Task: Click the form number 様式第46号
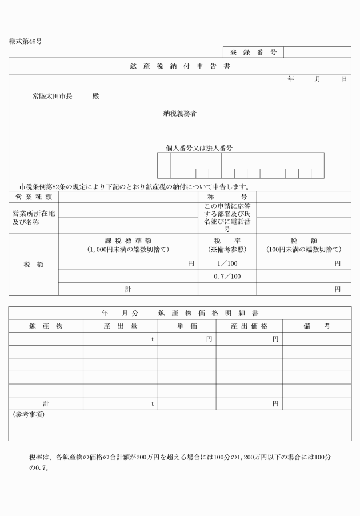(26, 41)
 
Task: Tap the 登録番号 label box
(253, 53)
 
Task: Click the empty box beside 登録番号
(317, 53)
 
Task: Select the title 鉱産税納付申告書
(180, 66)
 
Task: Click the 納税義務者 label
(180, 113)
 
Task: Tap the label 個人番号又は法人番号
(199, 147)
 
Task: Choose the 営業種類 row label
(33, 197)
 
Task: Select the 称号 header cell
(227, 197)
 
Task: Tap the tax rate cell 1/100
(227, 263)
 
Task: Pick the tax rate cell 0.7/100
(227, 277)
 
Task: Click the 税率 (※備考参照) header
(227, 245)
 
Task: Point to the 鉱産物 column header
(46, 325)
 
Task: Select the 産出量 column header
(121, 325)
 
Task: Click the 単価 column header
(187, 325)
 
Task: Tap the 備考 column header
(317, 325)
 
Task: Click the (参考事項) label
(29, 414)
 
